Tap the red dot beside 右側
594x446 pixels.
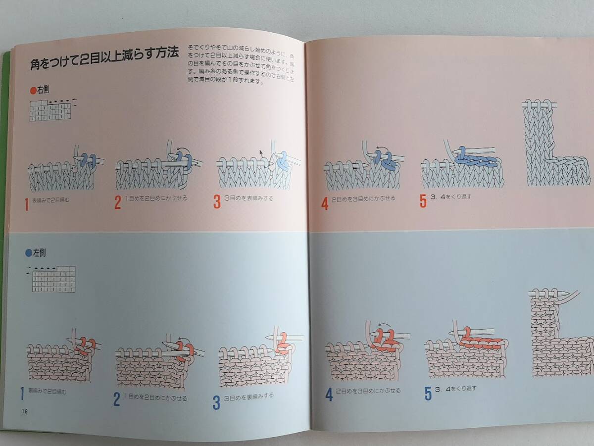33,90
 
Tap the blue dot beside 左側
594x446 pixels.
28,252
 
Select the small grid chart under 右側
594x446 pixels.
50,110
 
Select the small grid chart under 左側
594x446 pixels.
54,278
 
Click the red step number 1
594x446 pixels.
27,204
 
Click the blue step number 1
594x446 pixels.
23,394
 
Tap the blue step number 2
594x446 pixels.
117,399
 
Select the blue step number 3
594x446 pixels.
216,402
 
